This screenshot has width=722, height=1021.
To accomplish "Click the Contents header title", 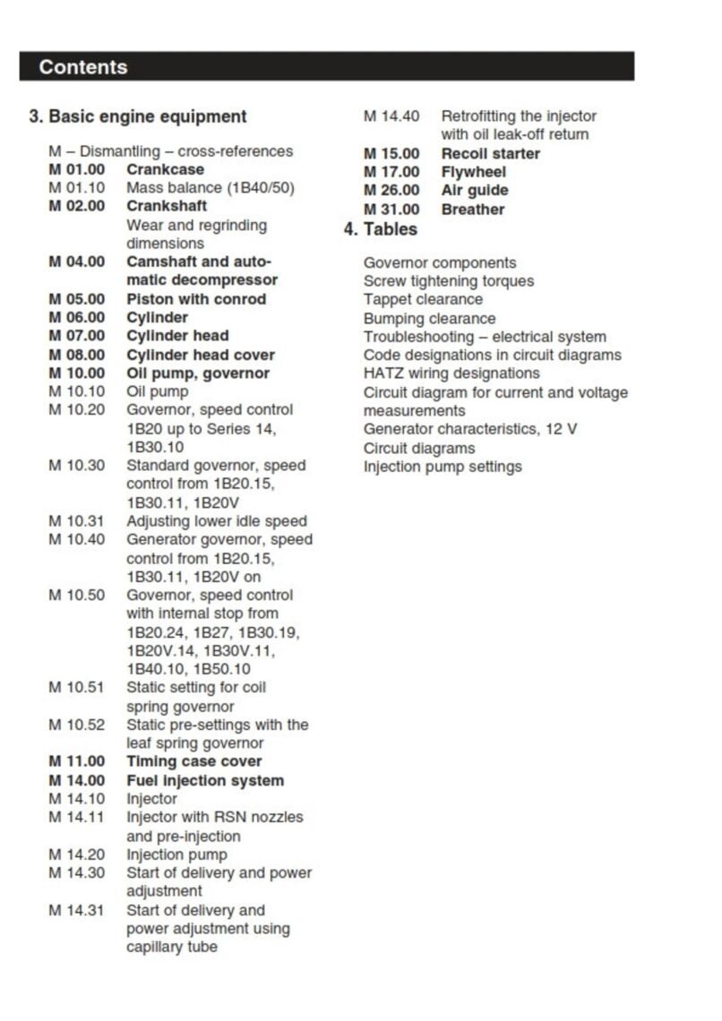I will point(83,67).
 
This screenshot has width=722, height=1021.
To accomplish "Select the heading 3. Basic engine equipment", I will point(138,116).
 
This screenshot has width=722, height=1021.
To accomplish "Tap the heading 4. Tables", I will point(381,229).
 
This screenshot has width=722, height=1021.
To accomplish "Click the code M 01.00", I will point(76,169).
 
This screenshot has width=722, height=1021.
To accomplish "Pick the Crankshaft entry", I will point(167,206).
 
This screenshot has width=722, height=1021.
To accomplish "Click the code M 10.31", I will point(76,521).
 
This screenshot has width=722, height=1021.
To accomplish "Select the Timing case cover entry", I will point(194,761).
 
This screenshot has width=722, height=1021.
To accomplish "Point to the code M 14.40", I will point(391,116).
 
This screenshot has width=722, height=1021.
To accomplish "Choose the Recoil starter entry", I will point(491,153).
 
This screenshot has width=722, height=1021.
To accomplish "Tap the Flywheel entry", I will point(474,172).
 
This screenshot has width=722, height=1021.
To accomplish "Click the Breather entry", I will point(473,210).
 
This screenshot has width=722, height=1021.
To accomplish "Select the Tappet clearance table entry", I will point(423,299).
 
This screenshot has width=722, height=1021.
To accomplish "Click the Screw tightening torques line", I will point(449,281).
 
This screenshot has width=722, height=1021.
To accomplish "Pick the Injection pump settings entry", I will point(443,467).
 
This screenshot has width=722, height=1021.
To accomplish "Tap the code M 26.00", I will point(391,191).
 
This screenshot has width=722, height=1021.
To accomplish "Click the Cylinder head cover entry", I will point(201,355).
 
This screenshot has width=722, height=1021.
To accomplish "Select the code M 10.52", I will point(76,725).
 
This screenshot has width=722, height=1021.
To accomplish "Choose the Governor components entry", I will point(440,262).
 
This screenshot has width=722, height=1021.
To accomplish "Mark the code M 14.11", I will point(76,817).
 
